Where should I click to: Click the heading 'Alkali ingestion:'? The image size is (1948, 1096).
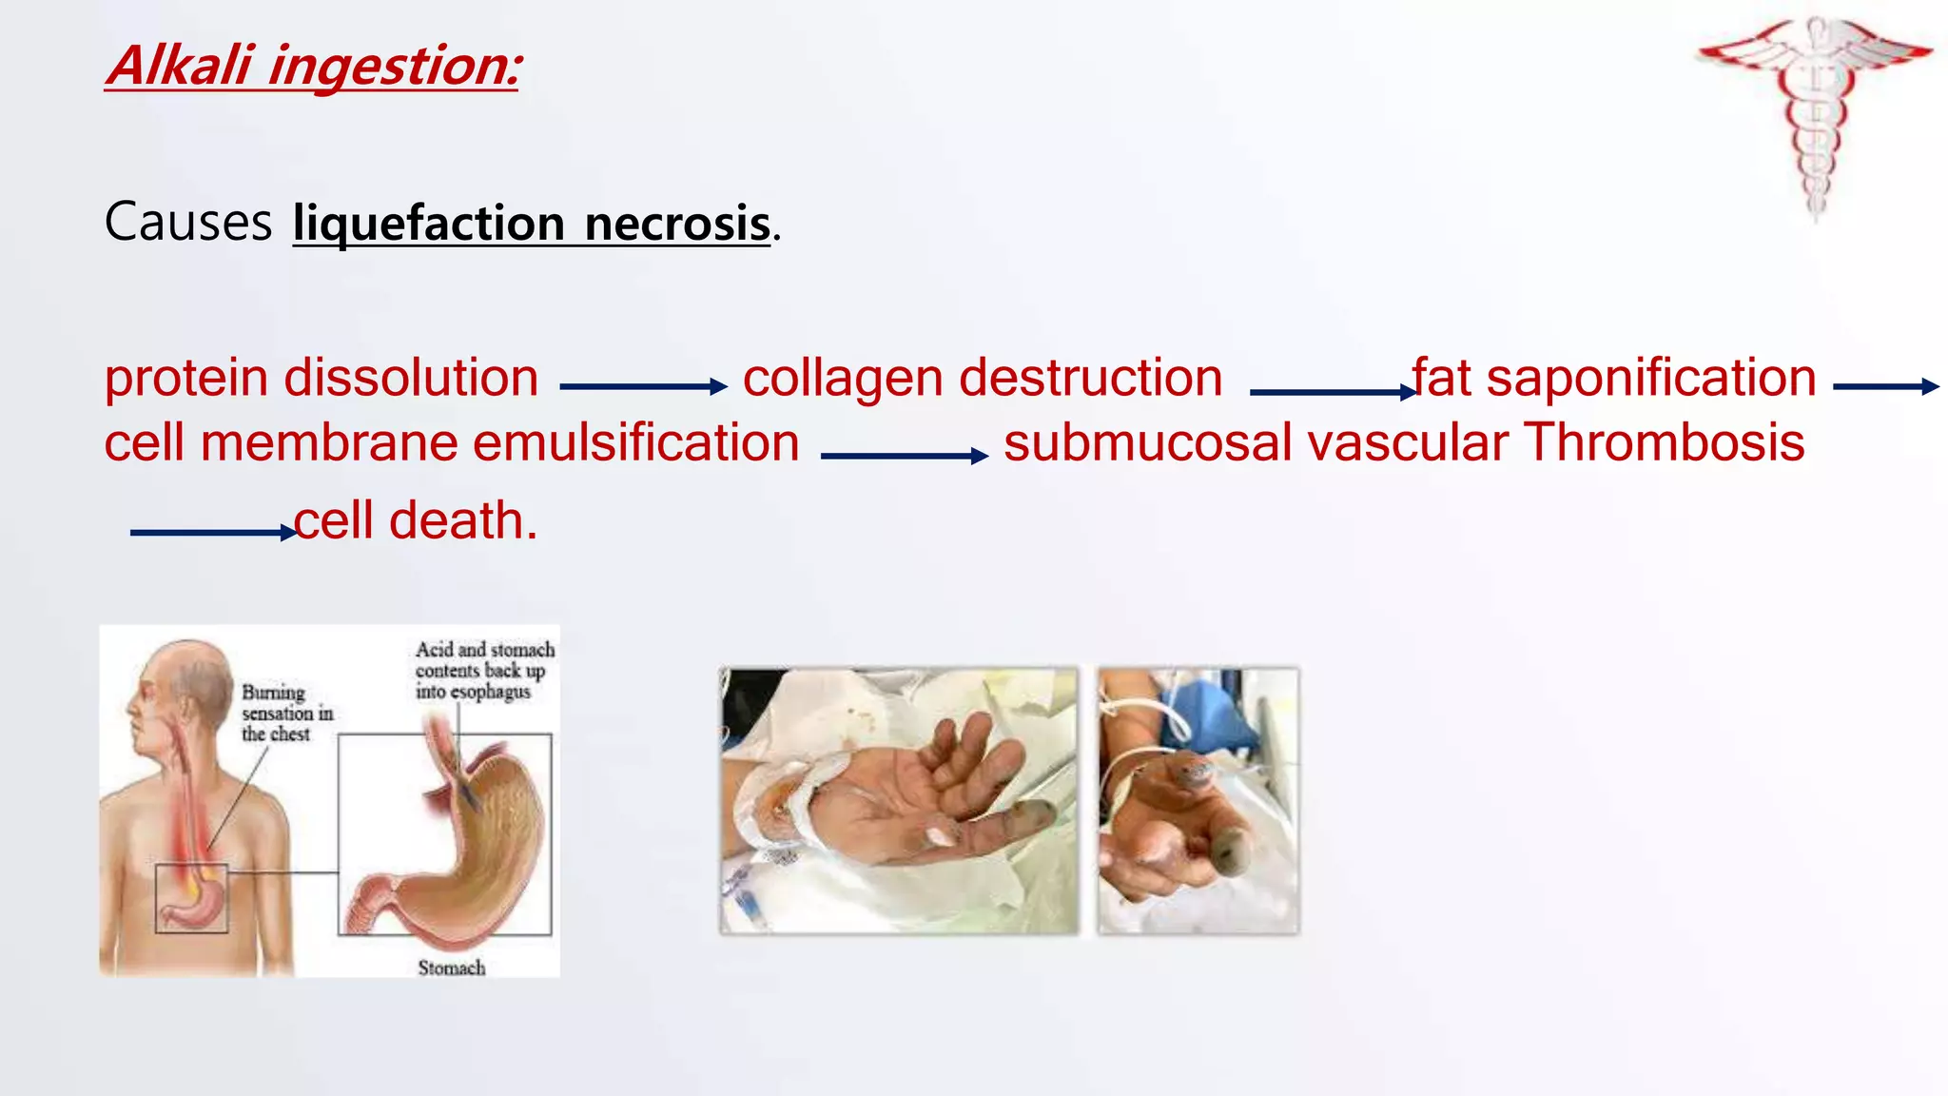point(312,67)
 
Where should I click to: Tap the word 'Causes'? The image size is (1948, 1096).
point(188,223)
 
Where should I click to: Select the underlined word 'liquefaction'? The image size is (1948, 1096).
point(429,225)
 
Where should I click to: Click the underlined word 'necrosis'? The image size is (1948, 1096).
point(676,225)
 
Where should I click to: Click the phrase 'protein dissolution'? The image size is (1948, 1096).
point(321,378)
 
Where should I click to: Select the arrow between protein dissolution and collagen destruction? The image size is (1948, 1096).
point(643,386)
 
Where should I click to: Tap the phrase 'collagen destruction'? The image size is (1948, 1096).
point(983,378)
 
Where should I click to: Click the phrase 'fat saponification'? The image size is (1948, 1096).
point(1614,378)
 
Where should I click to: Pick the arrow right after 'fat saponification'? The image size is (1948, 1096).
point(1885,386)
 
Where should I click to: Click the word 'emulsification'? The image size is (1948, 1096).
point(635,443)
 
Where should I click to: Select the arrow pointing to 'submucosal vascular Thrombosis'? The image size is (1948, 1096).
point(904,456)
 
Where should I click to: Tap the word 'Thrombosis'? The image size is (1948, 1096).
point(1665,443)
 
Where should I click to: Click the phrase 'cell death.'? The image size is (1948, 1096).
point(417,521)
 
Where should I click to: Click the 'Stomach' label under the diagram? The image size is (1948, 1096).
point(452,968)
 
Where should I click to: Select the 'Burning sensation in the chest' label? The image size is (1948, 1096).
point(285,713)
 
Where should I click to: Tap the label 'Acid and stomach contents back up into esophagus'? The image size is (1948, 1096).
point(484,670)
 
